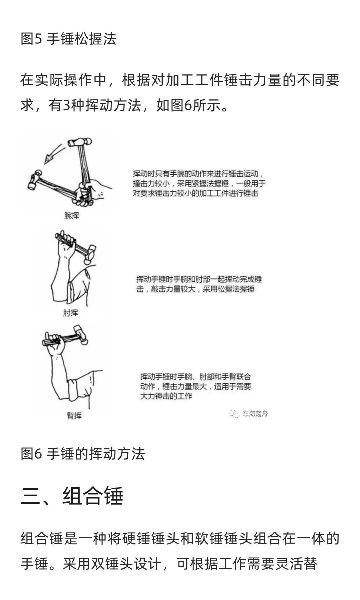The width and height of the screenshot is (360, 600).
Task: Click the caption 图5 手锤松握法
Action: click(68, 39)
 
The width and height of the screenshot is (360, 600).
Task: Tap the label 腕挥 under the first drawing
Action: click(72, 216)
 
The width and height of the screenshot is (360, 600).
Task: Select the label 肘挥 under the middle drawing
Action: click(70, 313)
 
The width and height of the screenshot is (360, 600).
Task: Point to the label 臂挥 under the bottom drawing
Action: click(74, 416)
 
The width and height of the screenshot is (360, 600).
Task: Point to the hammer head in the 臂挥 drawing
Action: click(82, 335)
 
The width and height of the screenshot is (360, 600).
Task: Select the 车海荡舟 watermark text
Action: click(255, 414)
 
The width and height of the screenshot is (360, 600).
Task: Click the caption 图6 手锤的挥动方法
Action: click(83, 454)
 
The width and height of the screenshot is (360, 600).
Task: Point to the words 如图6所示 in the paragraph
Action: click(188, 105)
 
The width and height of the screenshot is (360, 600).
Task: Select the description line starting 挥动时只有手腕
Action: click(198, 174)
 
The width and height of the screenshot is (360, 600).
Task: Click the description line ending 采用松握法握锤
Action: click(195, 289)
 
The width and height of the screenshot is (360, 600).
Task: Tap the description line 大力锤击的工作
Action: click(166, 396)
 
